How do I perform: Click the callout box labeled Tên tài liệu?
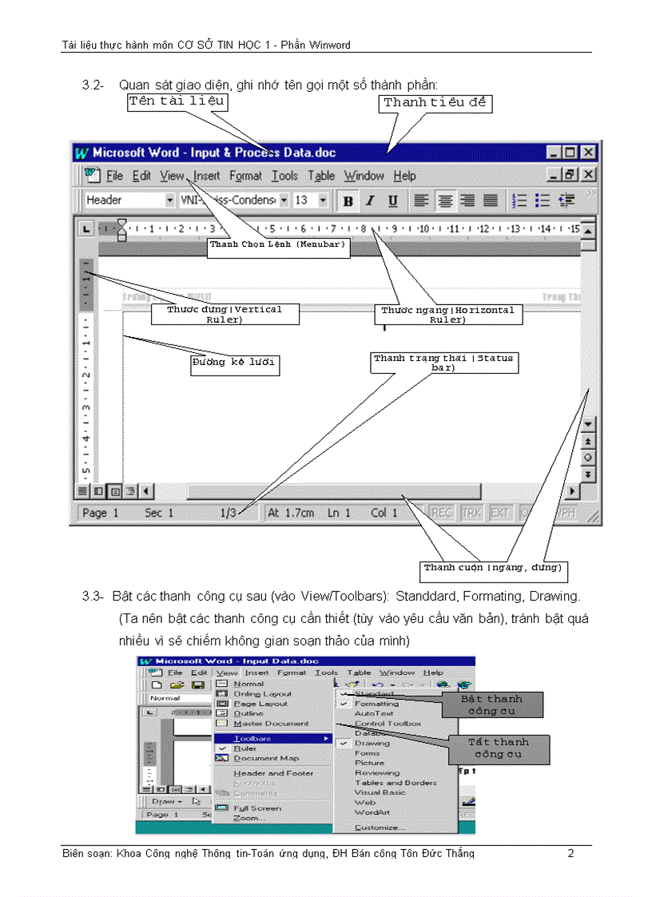coord(177,101)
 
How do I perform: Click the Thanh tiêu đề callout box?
coord(435,103)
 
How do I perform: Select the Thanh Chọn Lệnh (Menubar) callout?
coord(278,245)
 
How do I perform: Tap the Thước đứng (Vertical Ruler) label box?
coord(225,314)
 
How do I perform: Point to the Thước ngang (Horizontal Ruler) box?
coord(447,314)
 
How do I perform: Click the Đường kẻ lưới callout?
coord(235,365)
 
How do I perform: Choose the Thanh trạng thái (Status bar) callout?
coord(443,363)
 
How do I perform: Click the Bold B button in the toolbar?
coord(348,201)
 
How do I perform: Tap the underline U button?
coord(392,201)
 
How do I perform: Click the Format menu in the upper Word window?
coord(245,176)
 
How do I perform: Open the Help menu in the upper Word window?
coord(404,176)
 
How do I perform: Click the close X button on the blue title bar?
coord(588,152)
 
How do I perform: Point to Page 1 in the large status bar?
coord(101,513)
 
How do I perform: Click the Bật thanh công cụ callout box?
coord(491,705)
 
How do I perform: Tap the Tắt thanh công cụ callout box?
coord(499,748)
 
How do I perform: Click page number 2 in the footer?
coord(570,853)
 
